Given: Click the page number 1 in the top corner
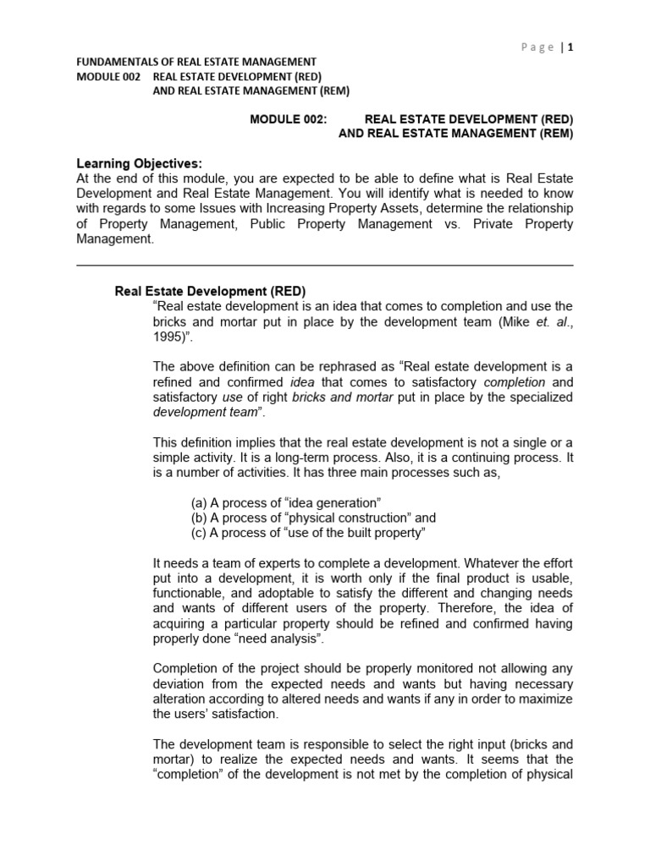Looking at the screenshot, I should pyautogui.click(x=570, y=47).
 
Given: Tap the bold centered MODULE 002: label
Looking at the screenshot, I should pyautogui.click(x=288, y=119).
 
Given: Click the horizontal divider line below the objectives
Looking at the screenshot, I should pyautogui.click(x=325, y=265).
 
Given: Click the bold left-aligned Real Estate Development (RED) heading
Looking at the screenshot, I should pyautogui.click(x=210, y=291).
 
